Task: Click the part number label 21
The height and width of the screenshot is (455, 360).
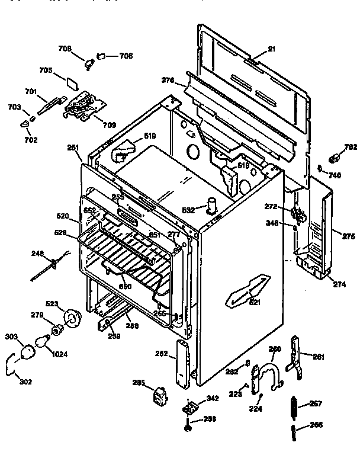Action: pos(271,49)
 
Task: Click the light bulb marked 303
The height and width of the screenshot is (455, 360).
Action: pos(28,353)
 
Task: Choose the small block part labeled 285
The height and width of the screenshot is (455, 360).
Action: pos(159,396)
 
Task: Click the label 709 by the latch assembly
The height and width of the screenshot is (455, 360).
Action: pos(109,125)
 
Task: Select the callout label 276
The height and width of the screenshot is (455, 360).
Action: pos(168,80)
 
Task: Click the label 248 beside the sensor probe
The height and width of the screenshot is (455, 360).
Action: pos(38,254)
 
